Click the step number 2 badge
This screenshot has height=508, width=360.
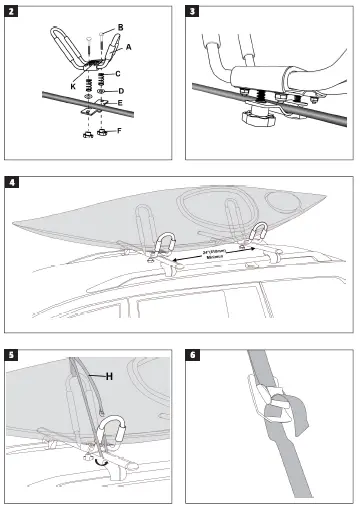[x=10, y=11]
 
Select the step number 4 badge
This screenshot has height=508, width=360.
[x=10, y=183]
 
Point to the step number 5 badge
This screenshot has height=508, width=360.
[x=10, y=354]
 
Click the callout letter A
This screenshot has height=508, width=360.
[x=128, y=47]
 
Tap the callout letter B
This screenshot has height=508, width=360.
[x=121, y=25]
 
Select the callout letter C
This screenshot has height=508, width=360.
[x=119, y=74]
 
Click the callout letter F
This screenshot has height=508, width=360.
[x=121, y=131]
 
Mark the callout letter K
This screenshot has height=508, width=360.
[x=73, y=86]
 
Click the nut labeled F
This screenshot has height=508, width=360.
[x=103, y=132]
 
